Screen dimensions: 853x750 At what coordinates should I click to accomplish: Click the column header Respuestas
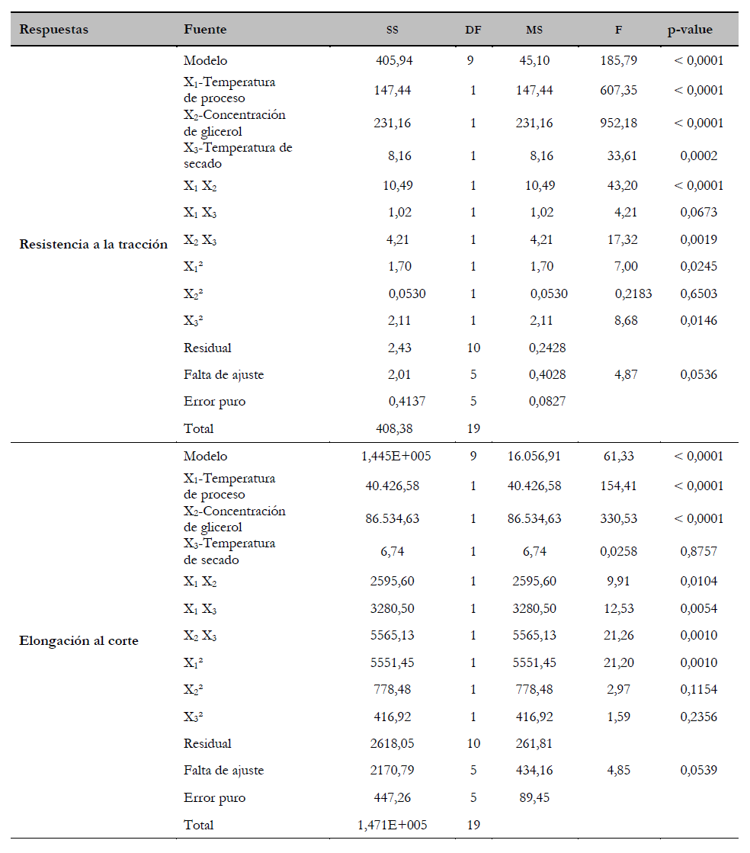(x=53, y=30)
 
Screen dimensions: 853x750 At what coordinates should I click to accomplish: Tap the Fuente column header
(x=205, y=30)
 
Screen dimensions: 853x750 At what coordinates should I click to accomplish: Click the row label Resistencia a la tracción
(x=93, y=245)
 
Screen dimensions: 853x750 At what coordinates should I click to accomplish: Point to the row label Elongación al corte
(x=79, y=641)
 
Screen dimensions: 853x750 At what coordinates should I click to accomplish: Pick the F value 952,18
(x=619, y=123)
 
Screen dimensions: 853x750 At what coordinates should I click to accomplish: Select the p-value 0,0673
(x=698, y=213)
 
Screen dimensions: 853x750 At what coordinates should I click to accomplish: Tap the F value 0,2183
(x=633, y=294)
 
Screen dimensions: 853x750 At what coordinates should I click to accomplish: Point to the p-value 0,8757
(x=698, y=551)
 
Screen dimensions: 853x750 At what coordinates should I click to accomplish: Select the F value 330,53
(x=619, y=519)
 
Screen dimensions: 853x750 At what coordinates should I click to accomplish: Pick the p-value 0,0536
(x=698, y=375)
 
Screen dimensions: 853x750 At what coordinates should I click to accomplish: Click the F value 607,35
(x=619, y=91)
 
